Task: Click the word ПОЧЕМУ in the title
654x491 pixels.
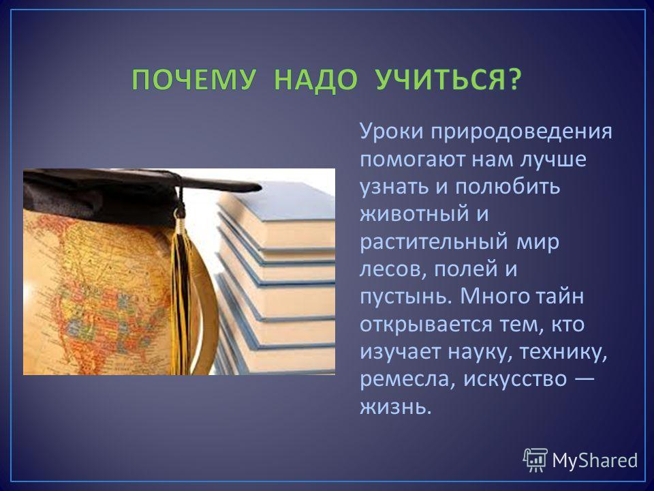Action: click(193, 79)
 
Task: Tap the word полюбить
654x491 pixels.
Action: click(507, 186)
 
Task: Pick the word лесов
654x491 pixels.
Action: click(393, 270)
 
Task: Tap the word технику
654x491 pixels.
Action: click(557, 353)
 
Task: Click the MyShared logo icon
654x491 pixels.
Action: click(535, 460)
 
